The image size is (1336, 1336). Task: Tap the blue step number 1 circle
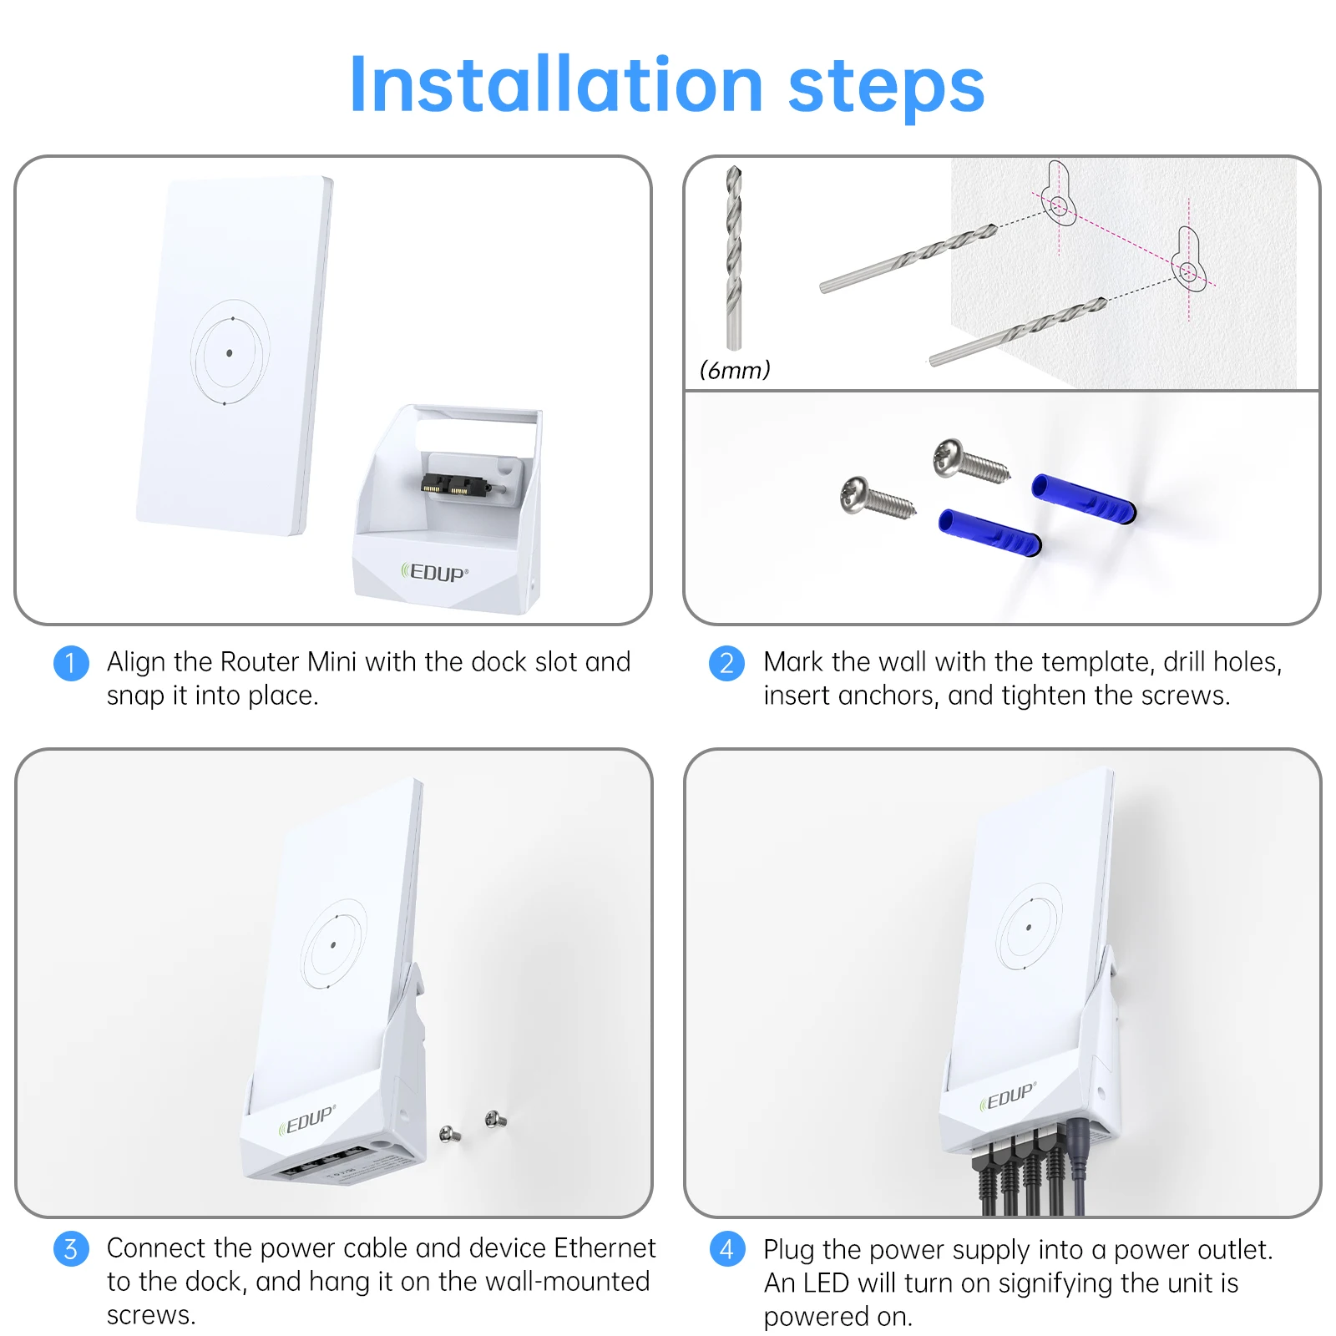click(x=71, y=663)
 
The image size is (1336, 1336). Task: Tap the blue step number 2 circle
click(x=726, y=663)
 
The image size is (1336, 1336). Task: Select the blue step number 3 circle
click(x=71, y=1249)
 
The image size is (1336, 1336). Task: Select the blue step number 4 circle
click(x=726, y=1249)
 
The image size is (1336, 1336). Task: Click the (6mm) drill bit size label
click(x=735, y=370)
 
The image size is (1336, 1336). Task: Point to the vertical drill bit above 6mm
click(x=734, y=257)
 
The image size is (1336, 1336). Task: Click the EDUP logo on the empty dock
click(x=435, y=573)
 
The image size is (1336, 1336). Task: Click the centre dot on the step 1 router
click(x=230, y=353)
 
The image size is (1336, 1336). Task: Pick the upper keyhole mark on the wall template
click(x=1058, y=193)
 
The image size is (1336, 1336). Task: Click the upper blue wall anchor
click(x=1084, y=498)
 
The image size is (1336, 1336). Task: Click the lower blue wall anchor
click(x=990, y=533)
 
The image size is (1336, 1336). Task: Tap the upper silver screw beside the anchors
click(x=971, y=459)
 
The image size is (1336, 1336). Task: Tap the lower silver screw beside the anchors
click(x=878, y=497)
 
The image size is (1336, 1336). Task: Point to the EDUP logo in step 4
click(x=1008, y=1096)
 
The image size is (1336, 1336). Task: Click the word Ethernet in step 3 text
click(x=605, y=1247)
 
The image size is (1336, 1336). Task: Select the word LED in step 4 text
click(x=826, y=1283)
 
